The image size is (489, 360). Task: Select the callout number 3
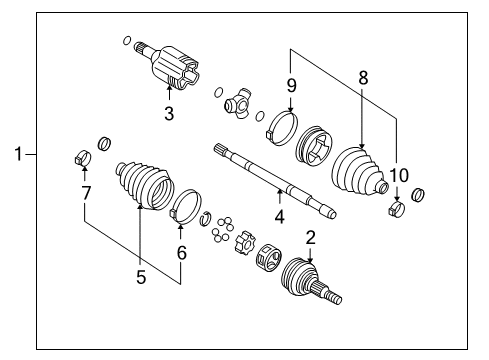(169, 114)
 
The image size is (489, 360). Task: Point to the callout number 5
(140, 277)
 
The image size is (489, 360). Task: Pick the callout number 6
(181, 255)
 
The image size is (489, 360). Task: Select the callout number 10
(399, 176)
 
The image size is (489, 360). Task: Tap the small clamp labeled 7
(83, 158)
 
